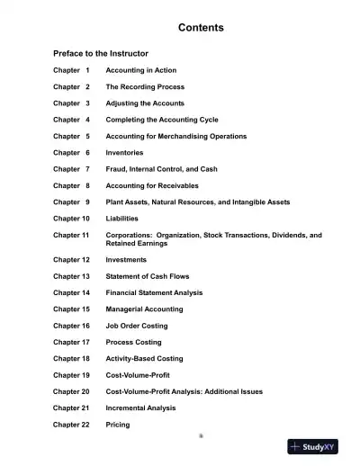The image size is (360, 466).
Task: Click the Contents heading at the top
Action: click(201, 28)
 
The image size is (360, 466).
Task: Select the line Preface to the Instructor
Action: click(101, 54)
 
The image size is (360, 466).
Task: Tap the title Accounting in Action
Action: click(141, 70)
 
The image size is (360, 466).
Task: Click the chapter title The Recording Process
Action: click(145, 86)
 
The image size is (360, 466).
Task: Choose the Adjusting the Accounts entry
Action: click(145, 103)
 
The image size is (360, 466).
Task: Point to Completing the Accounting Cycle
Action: click(162, 120)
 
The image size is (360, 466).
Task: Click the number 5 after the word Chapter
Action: click(87, 136)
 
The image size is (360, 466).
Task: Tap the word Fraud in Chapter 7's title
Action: click(117, 169)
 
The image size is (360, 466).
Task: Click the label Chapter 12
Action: click(71, 260)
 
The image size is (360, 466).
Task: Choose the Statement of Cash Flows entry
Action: click(148, 276)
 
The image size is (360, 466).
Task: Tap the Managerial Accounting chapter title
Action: click(148, 309)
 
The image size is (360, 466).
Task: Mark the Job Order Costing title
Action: click(137, 326)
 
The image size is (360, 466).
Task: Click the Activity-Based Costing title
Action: click(144, 359)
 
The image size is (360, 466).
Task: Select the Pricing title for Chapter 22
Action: click(118, 425)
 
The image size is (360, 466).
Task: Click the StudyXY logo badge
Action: click(312, 446)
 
